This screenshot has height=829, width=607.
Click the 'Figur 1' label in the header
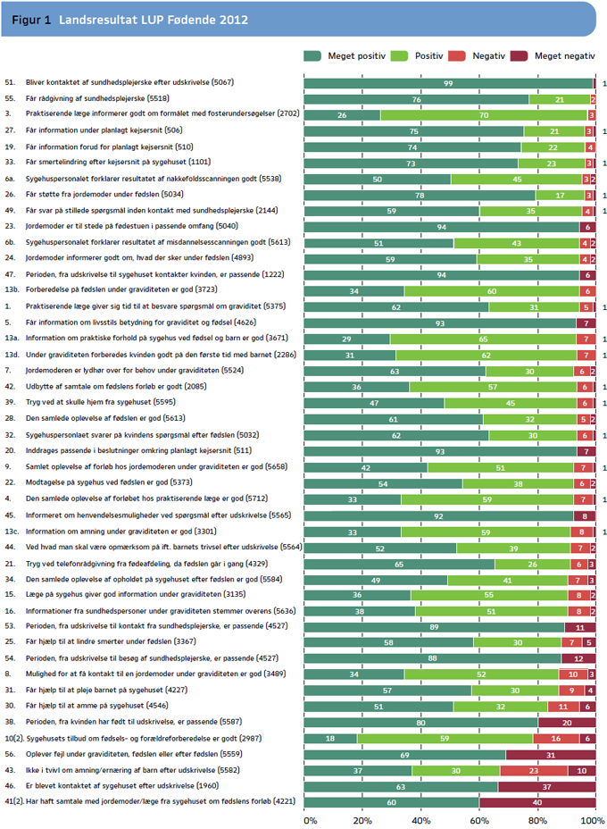click(31, 20)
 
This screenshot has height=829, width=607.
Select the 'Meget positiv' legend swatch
click(312, 56)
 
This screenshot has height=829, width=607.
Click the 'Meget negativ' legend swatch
click(519, 56)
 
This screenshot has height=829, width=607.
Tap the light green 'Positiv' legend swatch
click(399, 56)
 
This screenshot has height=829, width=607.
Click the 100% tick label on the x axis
click(593, 821)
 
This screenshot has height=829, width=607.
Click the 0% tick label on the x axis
click(311, 821)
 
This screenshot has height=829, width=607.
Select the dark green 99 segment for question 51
click(448, 84)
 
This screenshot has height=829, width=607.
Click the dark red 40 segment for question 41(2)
click(537, 802)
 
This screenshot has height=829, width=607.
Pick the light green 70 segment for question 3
click(484, 115)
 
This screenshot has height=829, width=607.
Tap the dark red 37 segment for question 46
click(547, 787)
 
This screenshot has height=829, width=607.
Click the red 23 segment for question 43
click(534, 771)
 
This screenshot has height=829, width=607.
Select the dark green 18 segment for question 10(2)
click(330, 739)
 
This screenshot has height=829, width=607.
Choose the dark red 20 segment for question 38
click(567, 723)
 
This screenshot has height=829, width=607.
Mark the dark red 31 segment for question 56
click(551, 755)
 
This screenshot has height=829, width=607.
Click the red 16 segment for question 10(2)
click(556, 739)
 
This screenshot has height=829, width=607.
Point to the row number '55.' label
click(10, 98)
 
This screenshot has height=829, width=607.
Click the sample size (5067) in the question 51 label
click(222, 82)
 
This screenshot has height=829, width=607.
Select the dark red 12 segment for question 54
click(578, 658)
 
